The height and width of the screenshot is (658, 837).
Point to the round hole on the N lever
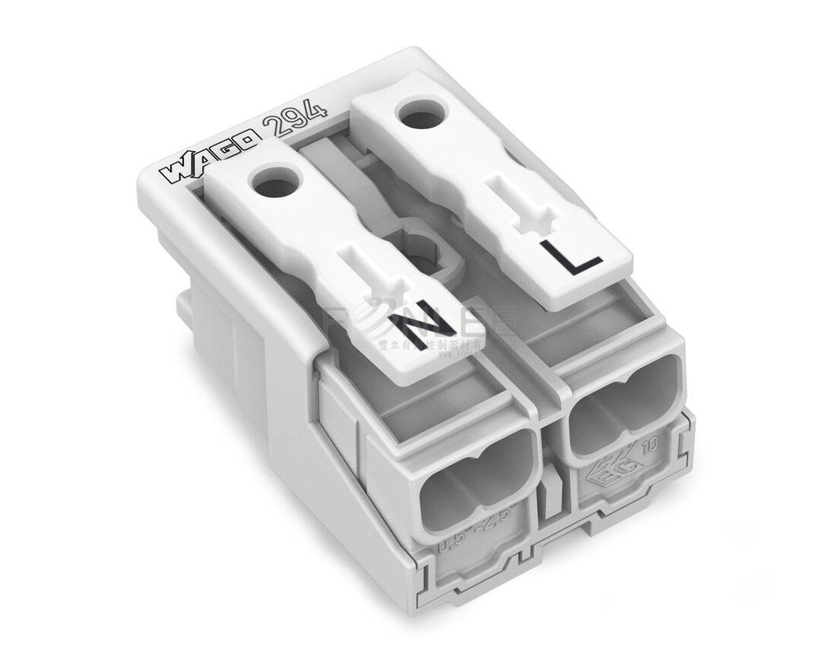point(271,181)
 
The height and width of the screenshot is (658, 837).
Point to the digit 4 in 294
point(316,109)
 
